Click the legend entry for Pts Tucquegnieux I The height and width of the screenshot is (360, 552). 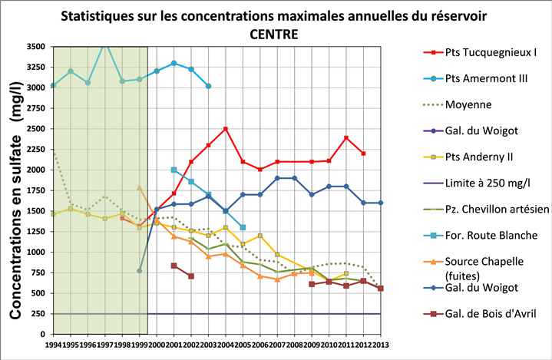click(x=479, y=53)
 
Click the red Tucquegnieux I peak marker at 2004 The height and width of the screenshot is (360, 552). click(x=226, y=129)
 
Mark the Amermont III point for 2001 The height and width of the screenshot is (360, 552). click(x=174, y=63)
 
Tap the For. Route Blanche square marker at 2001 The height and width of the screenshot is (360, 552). click(x=174, y=170)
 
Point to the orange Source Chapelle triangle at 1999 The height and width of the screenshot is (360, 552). click(x=140, y=187)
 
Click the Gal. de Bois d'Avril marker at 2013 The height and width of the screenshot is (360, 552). click(x=380, y=289)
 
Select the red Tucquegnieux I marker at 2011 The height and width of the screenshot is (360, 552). click(x=346, y=138)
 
